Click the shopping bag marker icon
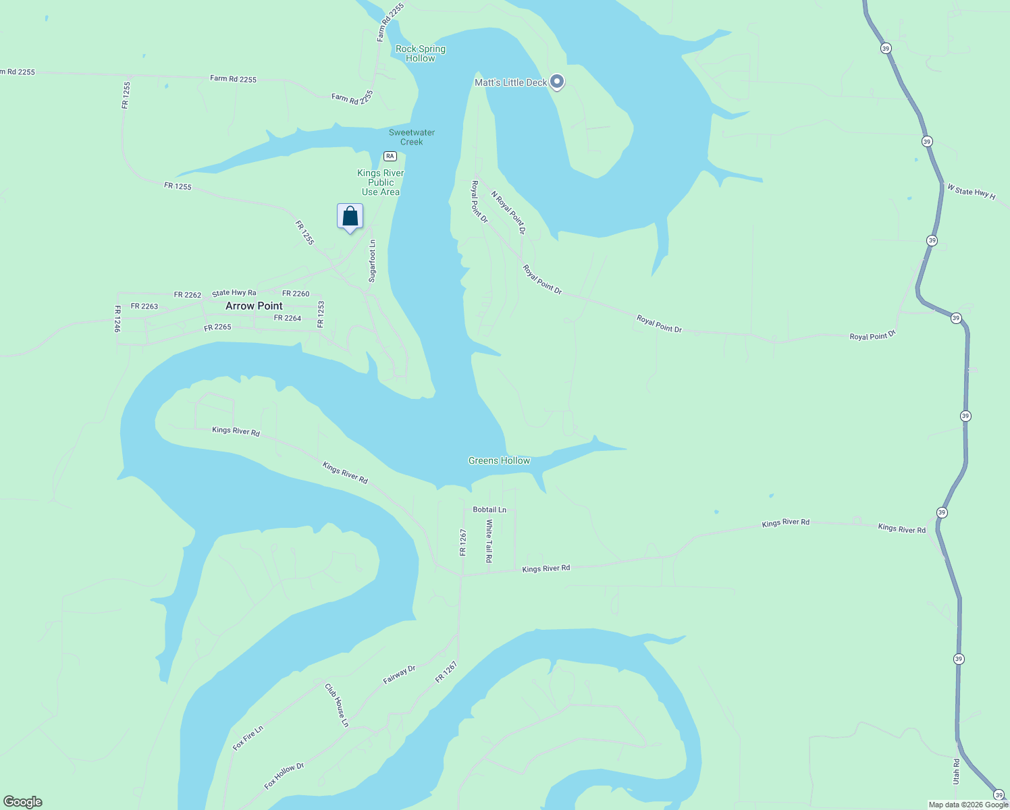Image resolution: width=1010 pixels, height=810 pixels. click(350, 217)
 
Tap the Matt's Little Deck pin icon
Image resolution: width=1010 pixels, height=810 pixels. click(557, 82)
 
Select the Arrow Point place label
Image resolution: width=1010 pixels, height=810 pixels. click(254, 306)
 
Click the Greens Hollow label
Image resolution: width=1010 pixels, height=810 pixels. click(500, 460)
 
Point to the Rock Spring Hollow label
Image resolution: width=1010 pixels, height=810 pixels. click(421, 53)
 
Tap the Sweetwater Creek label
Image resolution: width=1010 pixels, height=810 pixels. click(412, 137)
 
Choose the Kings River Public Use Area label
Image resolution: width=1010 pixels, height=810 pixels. click(381, 182)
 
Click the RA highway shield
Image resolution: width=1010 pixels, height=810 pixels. click(390, 156)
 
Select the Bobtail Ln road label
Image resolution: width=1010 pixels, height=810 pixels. click(489, 510)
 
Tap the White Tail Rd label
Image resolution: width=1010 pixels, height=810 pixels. click(489, 541)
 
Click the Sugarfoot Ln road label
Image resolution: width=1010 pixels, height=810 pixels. click(372, 261)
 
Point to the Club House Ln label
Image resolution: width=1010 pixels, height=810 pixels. click(337, 705)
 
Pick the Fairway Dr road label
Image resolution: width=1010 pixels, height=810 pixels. click(399, 674)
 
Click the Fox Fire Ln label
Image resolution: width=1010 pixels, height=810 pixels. click(248, 738)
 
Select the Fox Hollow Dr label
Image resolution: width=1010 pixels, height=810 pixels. click(284, 776)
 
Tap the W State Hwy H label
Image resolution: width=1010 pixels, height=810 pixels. click(971, 192)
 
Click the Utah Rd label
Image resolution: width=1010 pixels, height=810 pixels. click(956, 771)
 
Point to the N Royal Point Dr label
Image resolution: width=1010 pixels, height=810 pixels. click(508, 212)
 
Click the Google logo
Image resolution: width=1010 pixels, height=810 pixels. click(23, 802)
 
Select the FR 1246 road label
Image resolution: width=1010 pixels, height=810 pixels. click(117, 319)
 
